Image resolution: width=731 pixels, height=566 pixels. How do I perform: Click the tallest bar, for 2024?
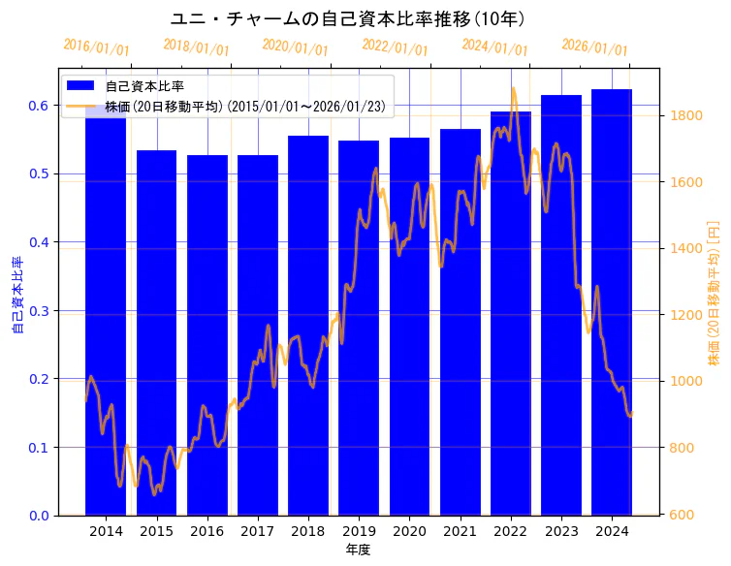(x=612, y=301)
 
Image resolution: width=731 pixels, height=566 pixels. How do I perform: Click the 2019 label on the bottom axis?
(x=359, y=532)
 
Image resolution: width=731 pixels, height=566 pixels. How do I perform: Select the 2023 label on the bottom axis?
(x=561, y=532)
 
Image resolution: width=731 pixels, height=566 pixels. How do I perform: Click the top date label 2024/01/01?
(x=494, y=47)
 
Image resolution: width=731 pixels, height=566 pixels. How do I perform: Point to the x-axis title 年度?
(x=358, y=550)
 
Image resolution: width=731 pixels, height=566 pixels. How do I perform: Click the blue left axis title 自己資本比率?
(x=16, y=296)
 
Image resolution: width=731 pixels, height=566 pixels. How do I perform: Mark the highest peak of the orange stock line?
(x=513, y=89)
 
